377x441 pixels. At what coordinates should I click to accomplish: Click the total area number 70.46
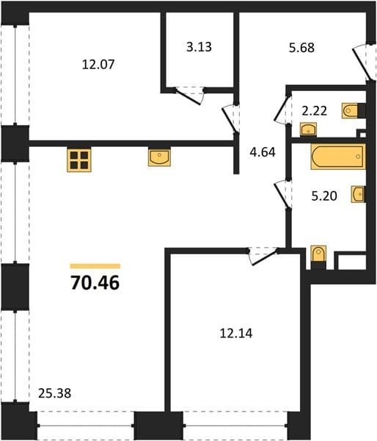[95, 283]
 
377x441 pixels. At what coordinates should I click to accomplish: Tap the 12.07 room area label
[98, 65]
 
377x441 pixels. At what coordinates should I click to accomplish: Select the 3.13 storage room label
[199, 47]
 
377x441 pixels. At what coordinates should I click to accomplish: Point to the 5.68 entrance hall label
[301, 48]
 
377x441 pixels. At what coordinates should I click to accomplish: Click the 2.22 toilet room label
[314, 111]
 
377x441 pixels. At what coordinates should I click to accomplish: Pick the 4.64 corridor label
[263, 152]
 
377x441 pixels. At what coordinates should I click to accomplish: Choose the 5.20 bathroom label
[324, 196]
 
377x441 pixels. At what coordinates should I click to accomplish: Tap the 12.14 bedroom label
[236, 334]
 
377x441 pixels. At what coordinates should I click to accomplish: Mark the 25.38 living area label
[55, 393]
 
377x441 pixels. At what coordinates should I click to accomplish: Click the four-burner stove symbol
[79, 160]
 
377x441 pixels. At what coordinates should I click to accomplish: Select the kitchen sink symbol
[159, 158]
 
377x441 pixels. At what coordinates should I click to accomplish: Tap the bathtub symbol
[338, 157]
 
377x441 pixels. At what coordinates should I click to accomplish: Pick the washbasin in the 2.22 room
[308, 129]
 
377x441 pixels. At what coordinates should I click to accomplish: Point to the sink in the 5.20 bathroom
[358, 194]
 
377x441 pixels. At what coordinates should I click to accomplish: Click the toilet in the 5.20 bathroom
[318, 257]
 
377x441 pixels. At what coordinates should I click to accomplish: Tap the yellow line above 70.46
[95, 266]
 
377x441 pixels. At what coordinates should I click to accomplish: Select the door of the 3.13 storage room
[188, 96]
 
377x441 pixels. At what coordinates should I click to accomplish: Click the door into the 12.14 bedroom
[263, 257]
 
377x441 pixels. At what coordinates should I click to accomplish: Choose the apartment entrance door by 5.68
[364, 61]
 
